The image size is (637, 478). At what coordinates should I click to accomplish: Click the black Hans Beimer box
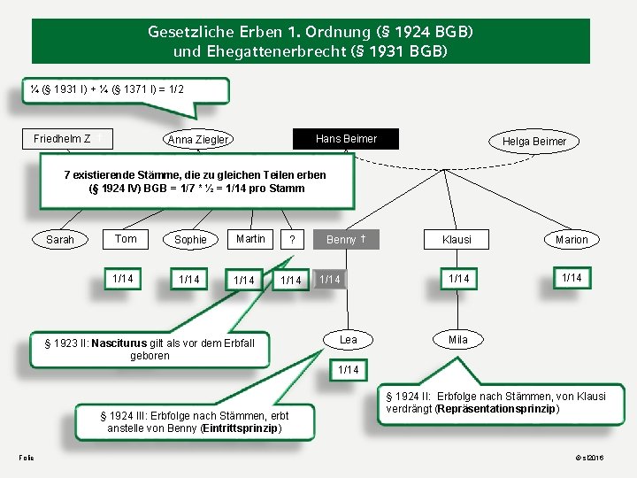coord(346,139)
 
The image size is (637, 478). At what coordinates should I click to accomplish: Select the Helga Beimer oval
coord(534,142)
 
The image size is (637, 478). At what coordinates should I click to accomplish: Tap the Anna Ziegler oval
coord(198,140)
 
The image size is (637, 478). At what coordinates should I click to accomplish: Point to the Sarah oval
coord(60,240)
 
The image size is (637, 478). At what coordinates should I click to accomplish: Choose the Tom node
coord(126,239)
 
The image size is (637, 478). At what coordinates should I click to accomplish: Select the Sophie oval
coord(190,240)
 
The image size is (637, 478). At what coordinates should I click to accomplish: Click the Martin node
coord(250,239)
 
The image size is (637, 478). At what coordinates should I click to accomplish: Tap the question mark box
coord(292,240)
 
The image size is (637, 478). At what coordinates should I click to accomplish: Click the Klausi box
coord(457,240)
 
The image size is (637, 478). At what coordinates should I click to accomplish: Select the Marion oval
coord(572,240)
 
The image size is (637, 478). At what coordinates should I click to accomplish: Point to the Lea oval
coord(349,340)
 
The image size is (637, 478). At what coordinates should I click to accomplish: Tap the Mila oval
coord(458,340)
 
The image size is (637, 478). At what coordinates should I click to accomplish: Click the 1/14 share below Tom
coord(124,279)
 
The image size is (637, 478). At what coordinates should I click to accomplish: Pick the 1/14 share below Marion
coord(572,278)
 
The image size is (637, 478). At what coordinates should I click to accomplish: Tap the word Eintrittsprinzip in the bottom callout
coord(241,428)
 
